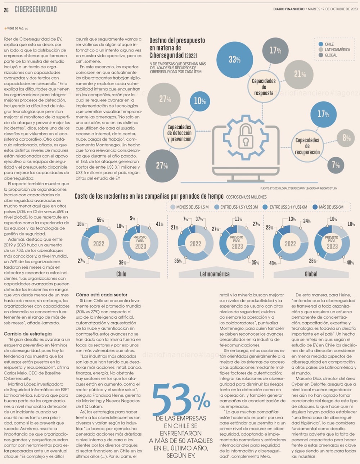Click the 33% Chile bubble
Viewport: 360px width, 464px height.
(x=235, y=60)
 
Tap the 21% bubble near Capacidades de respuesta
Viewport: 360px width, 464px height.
(x=299, y=74)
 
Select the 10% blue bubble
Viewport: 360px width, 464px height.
(x=200, y=101)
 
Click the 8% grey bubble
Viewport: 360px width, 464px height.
(x=346, y=138)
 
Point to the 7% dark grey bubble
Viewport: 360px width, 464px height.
(x=336, y=165)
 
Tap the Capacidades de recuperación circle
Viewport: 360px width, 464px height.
(x=307, y=146)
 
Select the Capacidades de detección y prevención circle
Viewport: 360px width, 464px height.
(x=179, y=133)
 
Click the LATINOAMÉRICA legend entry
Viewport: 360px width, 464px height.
(x=334, y=50)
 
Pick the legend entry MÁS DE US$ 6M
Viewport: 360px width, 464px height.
(x=328, y=207)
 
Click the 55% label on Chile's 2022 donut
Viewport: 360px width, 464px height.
(x=100, y=220)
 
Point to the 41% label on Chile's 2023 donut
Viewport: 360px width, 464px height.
(x=159, y=224)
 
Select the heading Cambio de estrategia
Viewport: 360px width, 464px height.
(x=28, y=334)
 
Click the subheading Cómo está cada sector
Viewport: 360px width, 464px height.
(x=102, y=295)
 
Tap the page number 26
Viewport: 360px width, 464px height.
(x=6, y=10)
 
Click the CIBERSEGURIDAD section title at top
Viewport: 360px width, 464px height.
(x=36, y=9)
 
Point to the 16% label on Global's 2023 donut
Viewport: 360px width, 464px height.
(x=333, y=219)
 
